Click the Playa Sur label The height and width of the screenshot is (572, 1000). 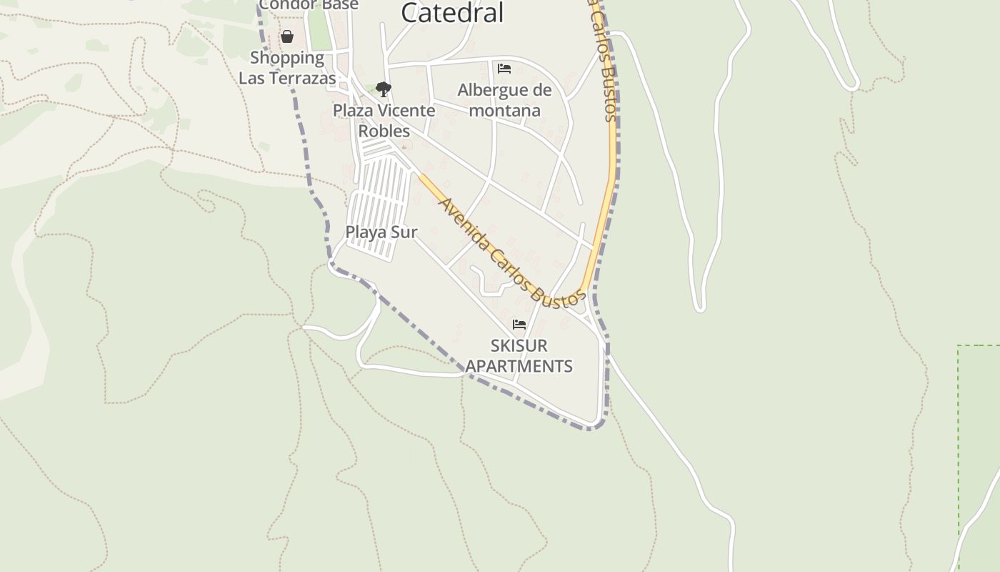click(x=381, y=232)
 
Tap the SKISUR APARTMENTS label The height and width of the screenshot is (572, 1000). click(x=519, y=356)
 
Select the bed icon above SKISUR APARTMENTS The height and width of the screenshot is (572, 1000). click(x=519, y=325)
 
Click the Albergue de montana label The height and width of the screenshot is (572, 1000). click(x=504, y=100)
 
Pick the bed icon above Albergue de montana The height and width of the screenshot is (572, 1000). click(x=504, y=69)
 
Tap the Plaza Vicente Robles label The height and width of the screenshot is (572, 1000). click(x=384, y=121)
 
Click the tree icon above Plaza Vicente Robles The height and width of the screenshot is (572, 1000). click(x=384, y=89)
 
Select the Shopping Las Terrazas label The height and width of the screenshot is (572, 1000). click(x=287, y=68)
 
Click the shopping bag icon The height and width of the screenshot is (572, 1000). click(x=287, y=36)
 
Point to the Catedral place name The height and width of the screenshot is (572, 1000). click(x=452, y=12)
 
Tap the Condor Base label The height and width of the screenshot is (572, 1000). click(x=309, y=5)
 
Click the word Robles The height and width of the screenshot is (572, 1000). click(x=384, y=131)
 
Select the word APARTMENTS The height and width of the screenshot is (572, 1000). click(x=519, y=366)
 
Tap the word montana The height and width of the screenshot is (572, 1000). click(x=504, y=110)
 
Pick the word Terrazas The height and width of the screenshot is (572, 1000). click(x=304, y=78)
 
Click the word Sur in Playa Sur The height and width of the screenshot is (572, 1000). click(x=404, y=232)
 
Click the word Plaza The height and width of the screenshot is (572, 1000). click(x=353, y=111)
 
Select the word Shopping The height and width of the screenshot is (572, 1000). click(x=287, y=58)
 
